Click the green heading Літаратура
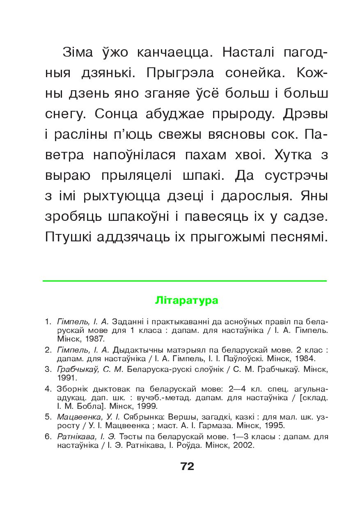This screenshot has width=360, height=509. [x=187, y=300]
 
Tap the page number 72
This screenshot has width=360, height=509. [x=187, y=466]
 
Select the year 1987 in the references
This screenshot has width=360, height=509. [x=95, y=339]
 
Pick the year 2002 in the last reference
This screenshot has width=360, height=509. [x=244, y=445]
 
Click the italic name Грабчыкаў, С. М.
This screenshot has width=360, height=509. [x=91, y=369]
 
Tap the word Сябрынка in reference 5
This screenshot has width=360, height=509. [x=142, y=417]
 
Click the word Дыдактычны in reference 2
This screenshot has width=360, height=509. [x=139, y=350]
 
